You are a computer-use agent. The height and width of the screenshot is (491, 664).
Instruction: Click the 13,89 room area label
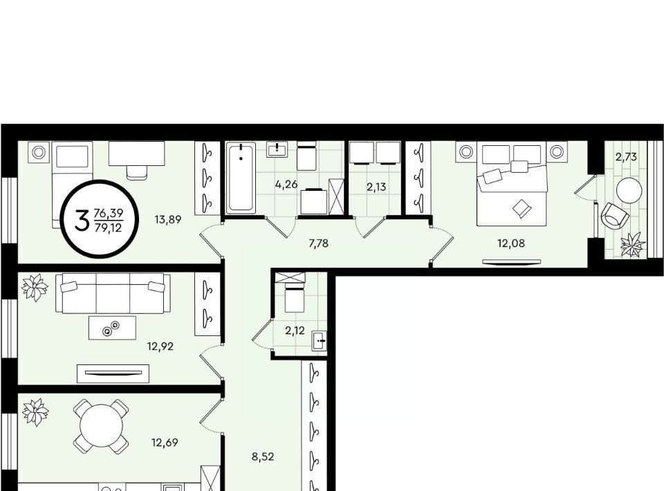coord(168,219)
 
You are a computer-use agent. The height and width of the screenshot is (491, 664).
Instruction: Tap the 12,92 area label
coord(160,346)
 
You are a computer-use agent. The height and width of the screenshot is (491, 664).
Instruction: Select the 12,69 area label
coord(165,443)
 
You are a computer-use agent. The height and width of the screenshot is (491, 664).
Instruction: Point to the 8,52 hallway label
coord(263,456)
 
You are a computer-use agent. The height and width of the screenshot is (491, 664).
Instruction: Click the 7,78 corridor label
coord(318,243)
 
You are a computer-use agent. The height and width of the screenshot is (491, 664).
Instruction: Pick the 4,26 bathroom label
coord(286,185)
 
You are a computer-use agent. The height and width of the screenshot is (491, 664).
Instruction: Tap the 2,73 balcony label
coord(626,157)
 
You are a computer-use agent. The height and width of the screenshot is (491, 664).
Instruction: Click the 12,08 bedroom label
coord(510,243)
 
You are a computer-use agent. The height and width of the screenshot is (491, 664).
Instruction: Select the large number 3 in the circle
coord(82,220)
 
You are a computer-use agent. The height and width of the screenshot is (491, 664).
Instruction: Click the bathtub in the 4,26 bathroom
coord(241,178)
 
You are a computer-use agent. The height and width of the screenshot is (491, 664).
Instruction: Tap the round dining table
coord(101,426)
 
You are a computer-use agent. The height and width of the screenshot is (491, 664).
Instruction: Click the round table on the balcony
coord(629,190)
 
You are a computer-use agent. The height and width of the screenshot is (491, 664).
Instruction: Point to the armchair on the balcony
coord(614,216)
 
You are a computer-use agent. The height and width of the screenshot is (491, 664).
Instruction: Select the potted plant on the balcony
coord(633,245)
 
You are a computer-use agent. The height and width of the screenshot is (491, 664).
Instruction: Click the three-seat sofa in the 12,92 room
coord(113,293)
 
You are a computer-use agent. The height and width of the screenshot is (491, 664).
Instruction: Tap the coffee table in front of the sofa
coord(112,328)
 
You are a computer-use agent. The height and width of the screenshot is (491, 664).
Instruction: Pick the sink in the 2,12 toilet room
coord(320,341)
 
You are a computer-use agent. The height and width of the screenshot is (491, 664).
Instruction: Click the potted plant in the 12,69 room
coord(35,411)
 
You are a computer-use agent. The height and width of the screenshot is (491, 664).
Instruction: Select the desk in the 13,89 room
coord(136,154)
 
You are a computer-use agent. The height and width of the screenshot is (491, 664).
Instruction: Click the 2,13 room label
coord(376,187)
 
